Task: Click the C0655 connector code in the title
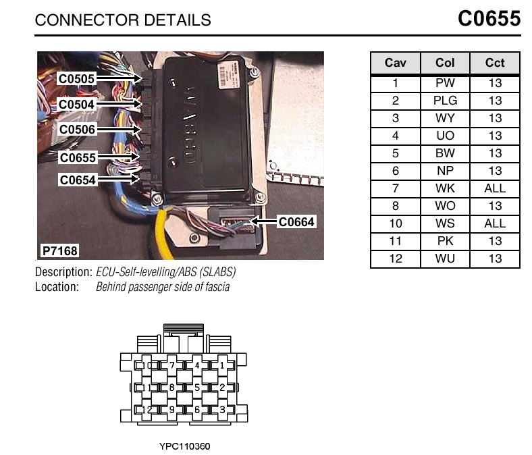pyautogui.click(x=489, y=18)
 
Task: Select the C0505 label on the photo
pyautogui.click(x=76, y=79)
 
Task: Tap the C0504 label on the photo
pyautogui.click(x=76, y=105)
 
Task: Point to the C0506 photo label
pyautogui.click(x=76, y=129)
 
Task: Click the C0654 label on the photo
pyautogui.click(x=77, y=180)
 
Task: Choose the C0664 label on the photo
pyautogui.click(x=296, y=221)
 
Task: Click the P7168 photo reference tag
pyautogui.click(x=59, y=251)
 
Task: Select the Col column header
pyautogui.click(x=445, y=63)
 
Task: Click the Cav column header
pyautogui.click(x=395, y=63)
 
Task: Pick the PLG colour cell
pyautogui.click(x=445, y=101)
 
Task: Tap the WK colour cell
pyautogui.click(x=445, y=188)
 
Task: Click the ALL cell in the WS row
pyautogui.click(x=495, y=223)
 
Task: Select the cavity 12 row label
pyautogui.click(x=395, y=259)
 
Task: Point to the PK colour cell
pyautogui.click(x=445, y=241)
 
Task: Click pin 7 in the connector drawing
pyautogui.click(x=172, y=366)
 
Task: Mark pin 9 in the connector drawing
pyautogui.click(x=172, y=409)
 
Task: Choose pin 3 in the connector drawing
pyautogui.click(x=222, y=409)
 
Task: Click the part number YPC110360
pyautogui.click(x=184, y=446)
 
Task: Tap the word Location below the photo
pyautogui.click(x=57, y=287)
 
